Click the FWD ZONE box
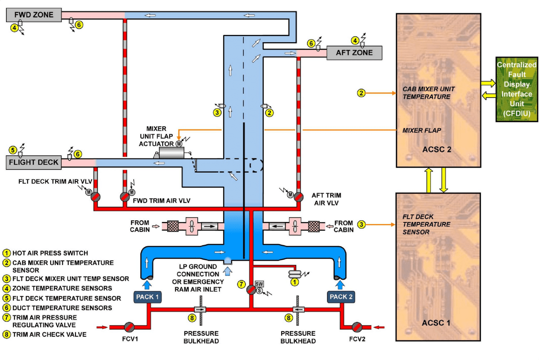pyautogui.click(x=34, y=15)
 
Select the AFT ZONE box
pyautogui.click(x=354, y=53)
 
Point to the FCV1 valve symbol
pyautogui.click(x=130, y=327)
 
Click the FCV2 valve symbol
pyautogui.click(x=358, y=327)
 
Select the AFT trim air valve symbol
pyautogui.click(x=298, y=196)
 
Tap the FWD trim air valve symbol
pyautogui.click(x=124, y=197)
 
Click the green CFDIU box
pyautogui.click(x=516, y=89)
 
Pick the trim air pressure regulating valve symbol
pyautogui.click(x=251, y=290)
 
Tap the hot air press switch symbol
pyautogui.click(x=294, y=274)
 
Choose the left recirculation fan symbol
pyautogui.click(x=193, y=226)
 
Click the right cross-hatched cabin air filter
pyautogui.click(x=314, y=226)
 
